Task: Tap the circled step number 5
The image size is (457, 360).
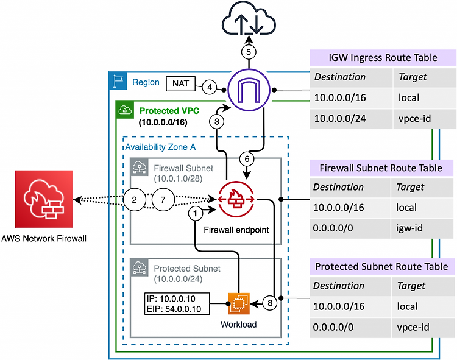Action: click(x=249, y=52)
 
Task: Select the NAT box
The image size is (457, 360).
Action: click(x=181, y=83)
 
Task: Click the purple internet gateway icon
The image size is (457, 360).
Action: click(x=249, y=90)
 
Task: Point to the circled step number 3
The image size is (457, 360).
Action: click(x=217, y=121)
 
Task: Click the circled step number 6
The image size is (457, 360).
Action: click(x=247, y=159)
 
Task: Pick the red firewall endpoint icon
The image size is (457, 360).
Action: click(x=236, y=199)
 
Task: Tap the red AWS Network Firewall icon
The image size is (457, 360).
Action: click(x=44, y=199)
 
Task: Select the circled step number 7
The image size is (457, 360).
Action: click(x=163, y=200)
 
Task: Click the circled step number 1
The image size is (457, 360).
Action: click(x=195, y=213)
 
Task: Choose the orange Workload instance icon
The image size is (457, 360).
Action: click(x=239, y=304)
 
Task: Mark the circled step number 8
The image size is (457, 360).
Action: click(x=270, y=303)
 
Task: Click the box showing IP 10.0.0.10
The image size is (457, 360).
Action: click(x=177, y=304)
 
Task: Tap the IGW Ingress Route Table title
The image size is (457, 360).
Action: click(x=383, y=57)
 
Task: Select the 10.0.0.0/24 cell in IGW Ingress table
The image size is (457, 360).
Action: click(x=351, y=119)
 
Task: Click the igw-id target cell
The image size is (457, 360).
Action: click(x=422, y=228)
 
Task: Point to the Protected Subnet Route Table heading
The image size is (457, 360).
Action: click(x=382, y=267)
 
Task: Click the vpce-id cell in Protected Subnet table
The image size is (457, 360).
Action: click(x=423, y=327)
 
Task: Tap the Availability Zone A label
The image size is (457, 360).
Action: click(x=160, y=147)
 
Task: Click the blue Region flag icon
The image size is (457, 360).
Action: click(x=118, y=81)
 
